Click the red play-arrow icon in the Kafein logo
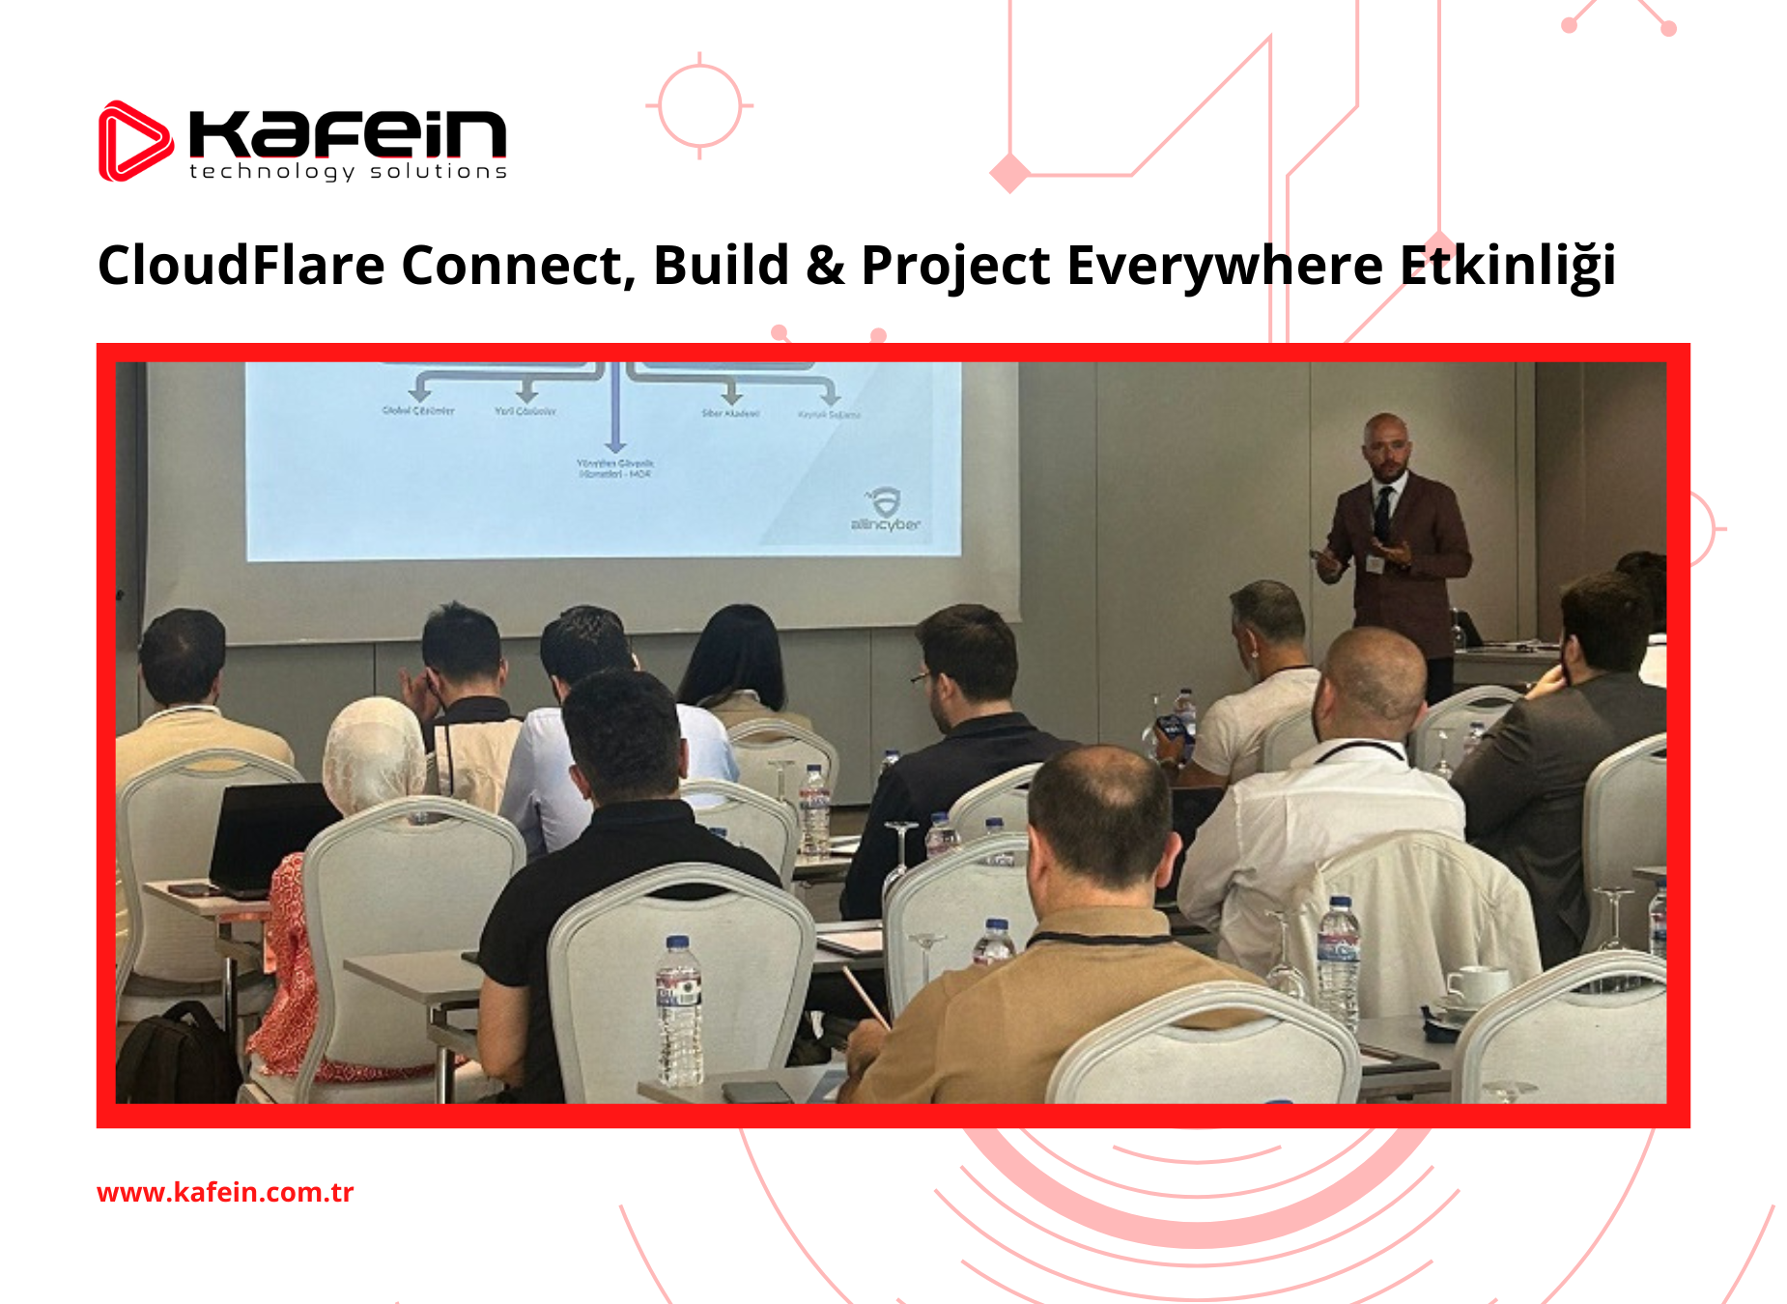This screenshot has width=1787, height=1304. pos(134,142)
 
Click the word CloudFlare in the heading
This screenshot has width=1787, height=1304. pos(241,266)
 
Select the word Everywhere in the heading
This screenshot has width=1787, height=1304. pos(1224,266)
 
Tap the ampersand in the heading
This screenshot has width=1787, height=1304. pos(824,266)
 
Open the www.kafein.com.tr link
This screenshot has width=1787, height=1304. pos(225,1192)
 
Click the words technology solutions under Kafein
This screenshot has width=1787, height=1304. pos(348,172)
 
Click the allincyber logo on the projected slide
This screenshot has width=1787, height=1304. pos(885,511)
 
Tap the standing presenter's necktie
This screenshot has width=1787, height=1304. pos(1385,512)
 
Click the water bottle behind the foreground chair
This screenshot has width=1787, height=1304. pos(679,1009)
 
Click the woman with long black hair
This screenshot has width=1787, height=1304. pos(738,657)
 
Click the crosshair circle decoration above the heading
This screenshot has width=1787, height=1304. pos(700,105)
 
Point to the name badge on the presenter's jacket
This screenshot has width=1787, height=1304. pos(1374,564)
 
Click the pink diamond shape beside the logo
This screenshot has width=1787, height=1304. pos(1010,174)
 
